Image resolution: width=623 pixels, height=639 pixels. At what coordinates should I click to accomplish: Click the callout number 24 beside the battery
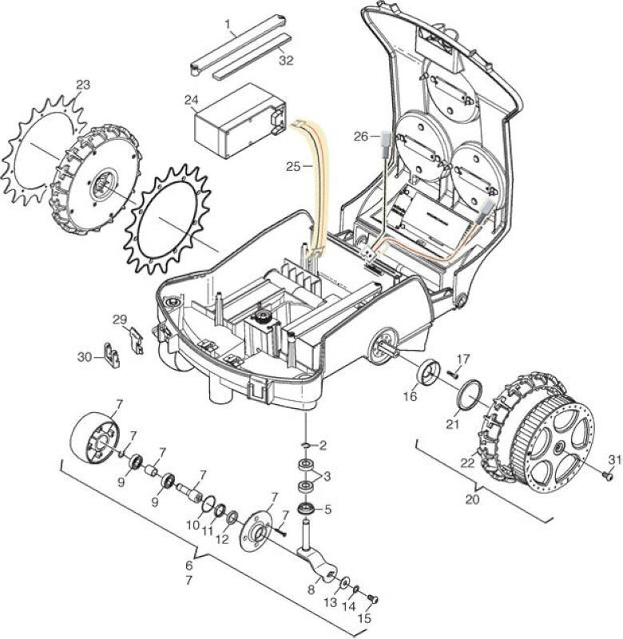click(192, 100)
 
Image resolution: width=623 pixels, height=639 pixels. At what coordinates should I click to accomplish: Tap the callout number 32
click(286, 61)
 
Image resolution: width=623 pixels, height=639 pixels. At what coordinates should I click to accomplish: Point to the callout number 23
click(83, 85)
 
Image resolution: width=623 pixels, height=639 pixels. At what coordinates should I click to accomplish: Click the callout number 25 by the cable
click(293, 166)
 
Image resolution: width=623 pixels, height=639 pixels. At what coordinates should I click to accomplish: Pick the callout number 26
click(360, 136)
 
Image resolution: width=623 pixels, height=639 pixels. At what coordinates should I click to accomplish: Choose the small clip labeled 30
click(112, 355)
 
